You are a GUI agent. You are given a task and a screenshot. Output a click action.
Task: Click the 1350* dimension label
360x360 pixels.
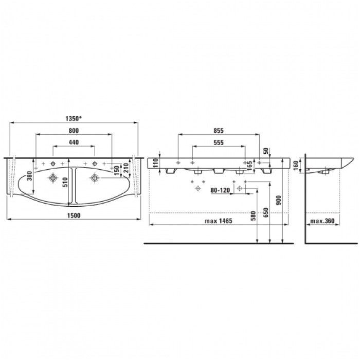tap(74, 119)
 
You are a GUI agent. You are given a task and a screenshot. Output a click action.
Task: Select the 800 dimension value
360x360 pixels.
tap(74, 131)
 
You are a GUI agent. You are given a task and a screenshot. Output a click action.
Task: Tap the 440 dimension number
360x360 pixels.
tap(74, 142)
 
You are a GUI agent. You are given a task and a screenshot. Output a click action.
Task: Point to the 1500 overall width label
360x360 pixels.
tap(74, 215)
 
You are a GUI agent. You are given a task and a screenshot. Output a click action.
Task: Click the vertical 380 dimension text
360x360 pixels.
tap(30, 176)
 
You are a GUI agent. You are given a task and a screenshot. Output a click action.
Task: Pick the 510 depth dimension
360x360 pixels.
tap(65, 182)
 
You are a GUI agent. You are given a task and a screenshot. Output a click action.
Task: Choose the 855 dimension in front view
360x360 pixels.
tap(219, 131)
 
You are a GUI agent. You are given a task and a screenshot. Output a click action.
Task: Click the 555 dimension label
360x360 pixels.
tap(219, 142)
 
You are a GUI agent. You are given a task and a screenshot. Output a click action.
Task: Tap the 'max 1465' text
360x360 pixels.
tap(219, 221)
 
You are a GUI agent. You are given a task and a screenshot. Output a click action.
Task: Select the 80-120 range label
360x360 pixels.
tap(220, 190)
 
